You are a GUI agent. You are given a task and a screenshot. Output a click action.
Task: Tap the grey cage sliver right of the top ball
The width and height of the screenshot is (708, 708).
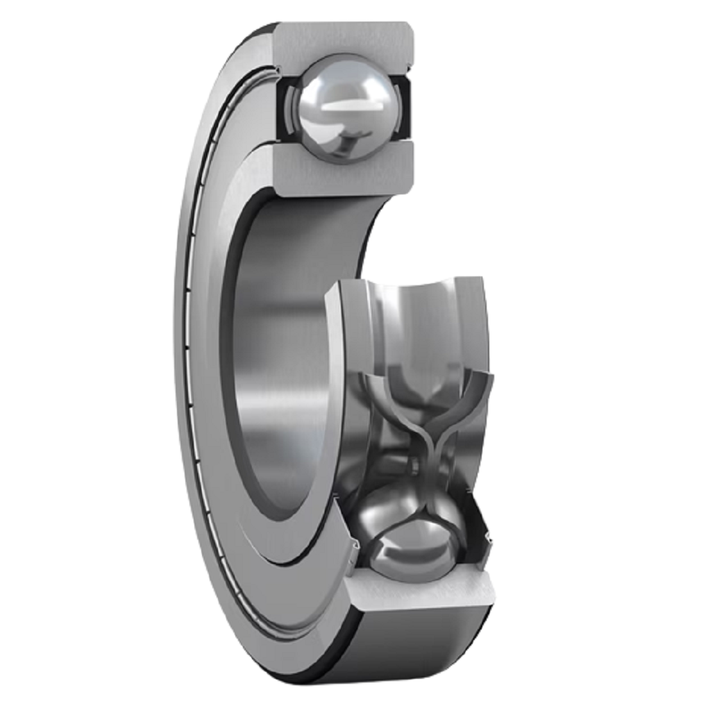[x=396, y=104]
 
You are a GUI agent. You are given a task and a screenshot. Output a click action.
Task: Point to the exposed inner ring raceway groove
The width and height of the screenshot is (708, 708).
[x=423, y=319]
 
